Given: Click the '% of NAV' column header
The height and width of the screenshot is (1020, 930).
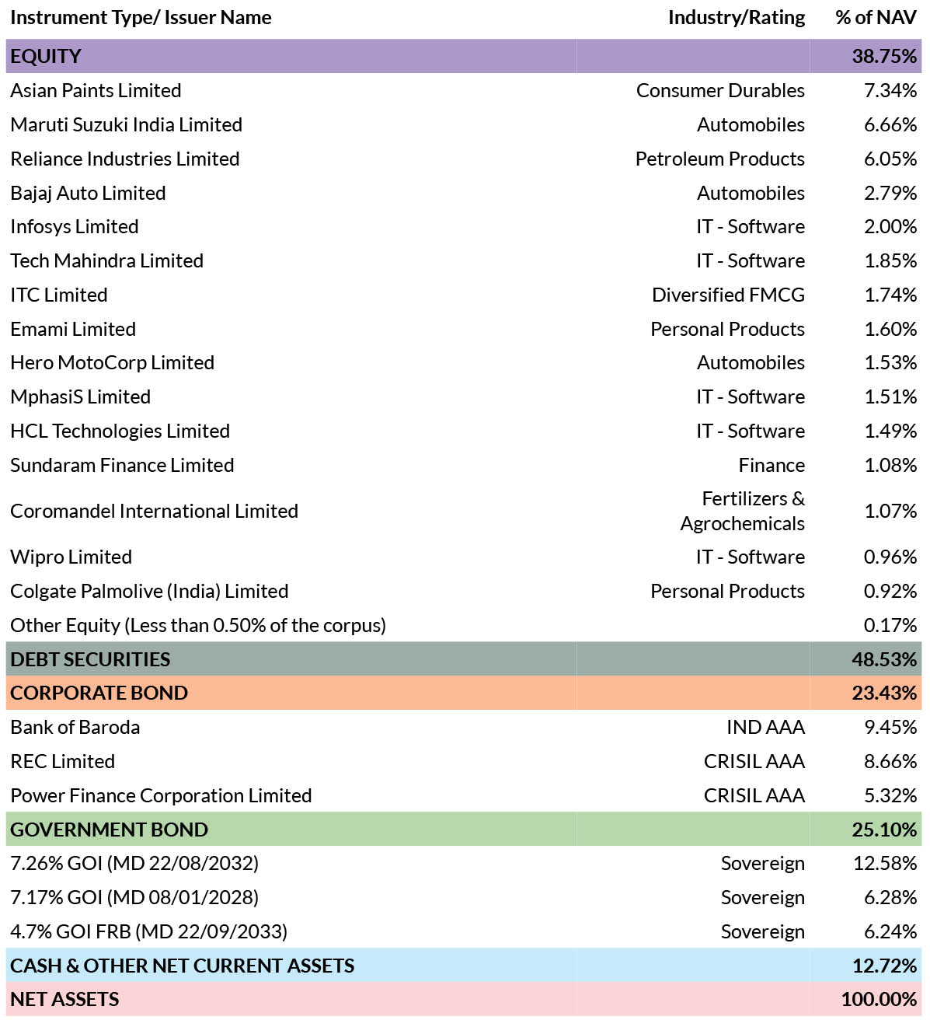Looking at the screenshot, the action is click(x=876, y=18).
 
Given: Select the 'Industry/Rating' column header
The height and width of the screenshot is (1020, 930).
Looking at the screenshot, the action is click(x=737, y=18).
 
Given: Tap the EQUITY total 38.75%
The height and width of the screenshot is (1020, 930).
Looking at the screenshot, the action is click(x=884, y=57).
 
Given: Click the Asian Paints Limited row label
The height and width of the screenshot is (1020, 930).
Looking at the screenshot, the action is click(x=96, y=90).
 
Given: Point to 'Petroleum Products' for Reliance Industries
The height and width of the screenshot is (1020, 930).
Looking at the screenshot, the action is click(x=719, y=159).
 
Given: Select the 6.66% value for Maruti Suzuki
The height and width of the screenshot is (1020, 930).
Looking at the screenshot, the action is click(x=890, y=125).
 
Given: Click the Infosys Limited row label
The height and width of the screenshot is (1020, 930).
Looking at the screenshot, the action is click(x=74, y=227).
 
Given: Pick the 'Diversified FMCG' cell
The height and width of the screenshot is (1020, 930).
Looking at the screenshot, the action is click(x=728, y=295).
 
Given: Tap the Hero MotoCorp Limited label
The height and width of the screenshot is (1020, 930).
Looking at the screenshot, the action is click(x=113, y=363).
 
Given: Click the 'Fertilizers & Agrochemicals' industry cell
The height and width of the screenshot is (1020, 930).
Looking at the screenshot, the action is click(x=743, y=511).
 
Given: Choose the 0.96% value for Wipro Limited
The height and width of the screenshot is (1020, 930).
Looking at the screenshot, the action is click(x=890, y=557).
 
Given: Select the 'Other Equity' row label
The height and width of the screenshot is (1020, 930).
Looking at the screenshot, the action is click(x=198, y=625).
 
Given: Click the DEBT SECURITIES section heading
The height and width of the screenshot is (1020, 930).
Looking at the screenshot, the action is click(x=90, y=659).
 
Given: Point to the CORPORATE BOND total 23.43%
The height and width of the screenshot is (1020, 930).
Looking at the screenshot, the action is click(x=884, y=693).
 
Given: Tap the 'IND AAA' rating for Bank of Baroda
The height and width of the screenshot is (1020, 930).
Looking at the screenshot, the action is click(x=765, y=728).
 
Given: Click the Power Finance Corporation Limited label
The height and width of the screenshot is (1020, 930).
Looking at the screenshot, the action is click(x=161, y=796).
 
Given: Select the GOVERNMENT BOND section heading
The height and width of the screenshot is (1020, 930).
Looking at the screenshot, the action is click(x=110, y=830).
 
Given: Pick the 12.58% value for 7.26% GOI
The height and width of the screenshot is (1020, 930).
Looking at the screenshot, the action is click(x=885, y=864).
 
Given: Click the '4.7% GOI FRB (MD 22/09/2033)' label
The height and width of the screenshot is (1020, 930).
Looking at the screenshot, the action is click(x=149, y=931).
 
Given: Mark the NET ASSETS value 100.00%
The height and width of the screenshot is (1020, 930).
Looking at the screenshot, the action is click(x=879, y=999).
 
